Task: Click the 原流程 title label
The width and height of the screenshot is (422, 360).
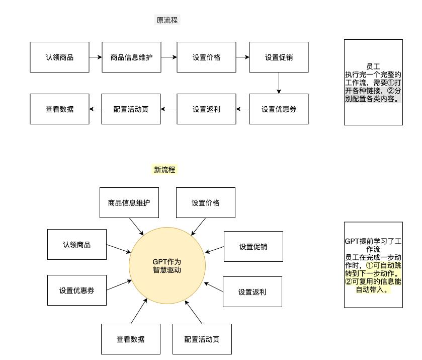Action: coord(167,20)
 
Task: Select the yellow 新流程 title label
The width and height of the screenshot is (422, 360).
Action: coord(164,170)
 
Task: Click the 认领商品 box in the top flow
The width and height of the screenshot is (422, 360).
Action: coord(59,57)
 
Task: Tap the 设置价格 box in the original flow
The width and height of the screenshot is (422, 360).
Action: coord(206,57)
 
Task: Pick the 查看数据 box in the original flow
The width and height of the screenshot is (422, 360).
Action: coord(59,109)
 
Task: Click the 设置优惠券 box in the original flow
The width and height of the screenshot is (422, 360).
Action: coord(279,109)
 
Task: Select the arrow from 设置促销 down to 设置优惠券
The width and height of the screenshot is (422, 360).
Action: coord(279,83)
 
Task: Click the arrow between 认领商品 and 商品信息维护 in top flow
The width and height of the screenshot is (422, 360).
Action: coord(96,57)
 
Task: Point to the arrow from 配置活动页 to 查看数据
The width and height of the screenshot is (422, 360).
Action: coord(95,109)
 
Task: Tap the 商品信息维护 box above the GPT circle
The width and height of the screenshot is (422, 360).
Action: coord(129,202)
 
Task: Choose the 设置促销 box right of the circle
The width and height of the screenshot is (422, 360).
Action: coord(253,247)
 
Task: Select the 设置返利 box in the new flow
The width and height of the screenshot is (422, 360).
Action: coord(252,292)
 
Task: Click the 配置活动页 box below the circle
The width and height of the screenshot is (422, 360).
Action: coord(202,339)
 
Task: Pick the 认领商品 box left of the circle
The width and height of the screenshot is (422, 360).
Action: coord(76,245)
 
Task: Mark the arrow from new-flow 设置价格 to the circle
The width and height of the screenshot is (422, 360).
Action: coord(198,227)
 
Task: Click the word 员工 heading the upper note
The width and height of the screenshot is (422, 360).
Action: coord(373,66)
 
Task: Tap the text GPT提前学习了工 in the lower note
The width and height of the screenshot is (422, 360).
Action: coord(373,241)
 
